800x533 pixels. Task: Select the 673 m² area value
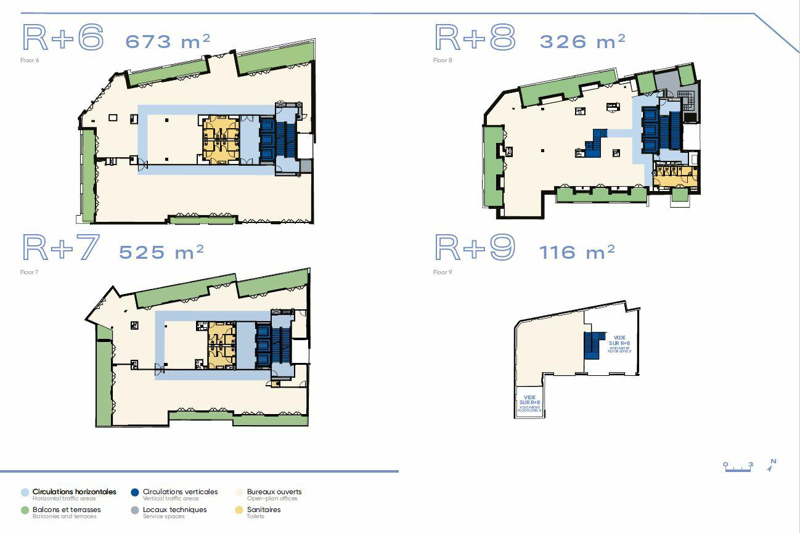pos(168,41)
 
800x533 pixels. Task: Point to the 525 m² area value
pos(161,252)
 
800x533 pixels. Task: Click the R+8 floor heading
pos(475,38)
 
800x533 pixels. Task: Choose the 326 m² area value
pos(582,41)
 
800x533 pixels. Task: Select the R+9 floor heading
pos(475,248)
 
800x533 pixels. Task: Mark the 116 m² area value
pos(577,252)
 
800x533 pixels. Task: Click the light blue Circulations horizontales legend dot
pos(25,492)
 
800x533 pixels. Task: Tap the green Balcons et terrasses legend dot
pos(25,510)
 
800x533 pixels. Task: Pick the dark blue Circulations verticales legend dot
pos(135,492)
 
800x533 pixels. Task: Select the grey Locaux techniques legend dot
pos(135,510)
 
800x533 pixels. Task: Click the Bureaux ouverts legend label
pos(274,492)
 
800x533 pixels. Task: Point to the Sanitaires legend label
pos(263,510)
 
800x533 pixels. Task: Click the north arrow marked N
pos(772,465)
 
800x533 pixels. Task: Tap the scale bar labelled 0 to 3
pos(738,467)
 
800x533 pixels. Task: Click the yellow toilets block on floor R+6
pos(221,139)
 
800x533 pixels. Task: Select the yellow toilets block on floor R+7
pos(222,345)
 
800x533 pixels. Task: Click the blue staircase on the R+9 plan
pos(592,344)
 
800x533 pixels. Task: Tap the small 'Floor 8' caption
pos(443,60)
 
